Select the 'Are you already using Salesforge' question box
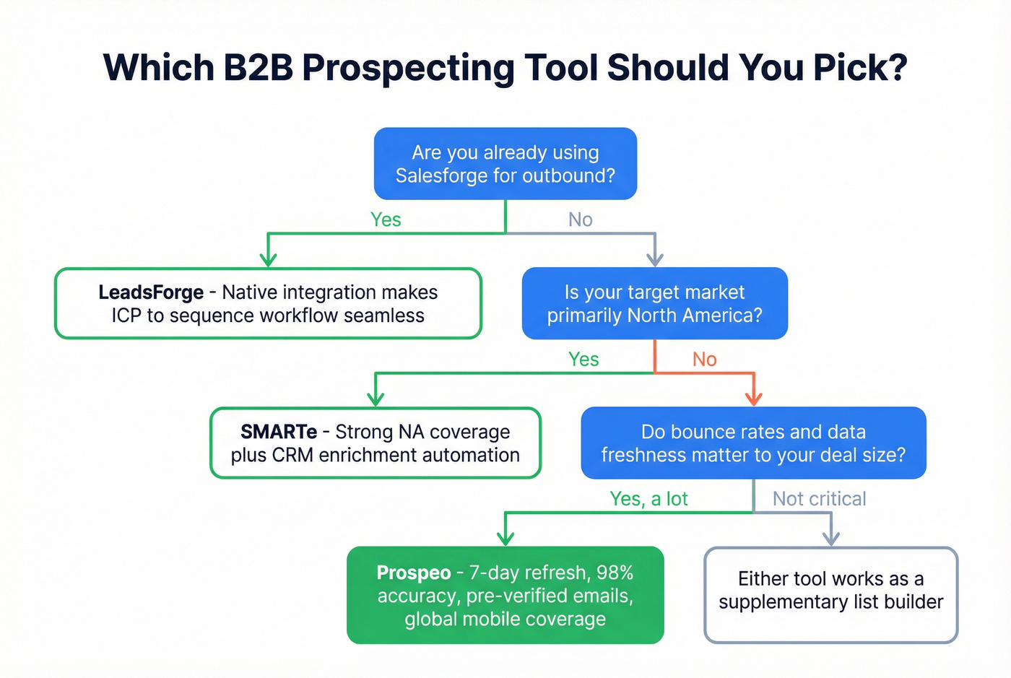505,164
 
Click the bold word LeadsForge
151,292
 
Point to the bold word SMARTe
279,432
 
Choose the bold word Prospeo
414,573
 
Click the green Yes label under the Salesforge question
386,220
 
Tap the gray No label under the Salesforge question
581,220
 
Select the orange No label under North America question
705,360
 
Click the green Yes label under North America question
583,360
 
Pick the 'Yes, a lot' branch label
648,499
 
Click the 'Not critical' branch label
819,499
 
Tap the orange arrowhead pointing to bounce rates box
754,398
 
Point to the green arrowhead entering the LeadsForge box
268,259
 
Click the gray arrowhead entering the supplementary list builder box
831,538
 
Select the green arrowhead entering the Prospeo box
506,538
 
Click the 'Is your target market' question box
654,303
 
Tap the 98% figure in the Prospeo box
615,573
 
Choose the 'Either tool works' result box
830,594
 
